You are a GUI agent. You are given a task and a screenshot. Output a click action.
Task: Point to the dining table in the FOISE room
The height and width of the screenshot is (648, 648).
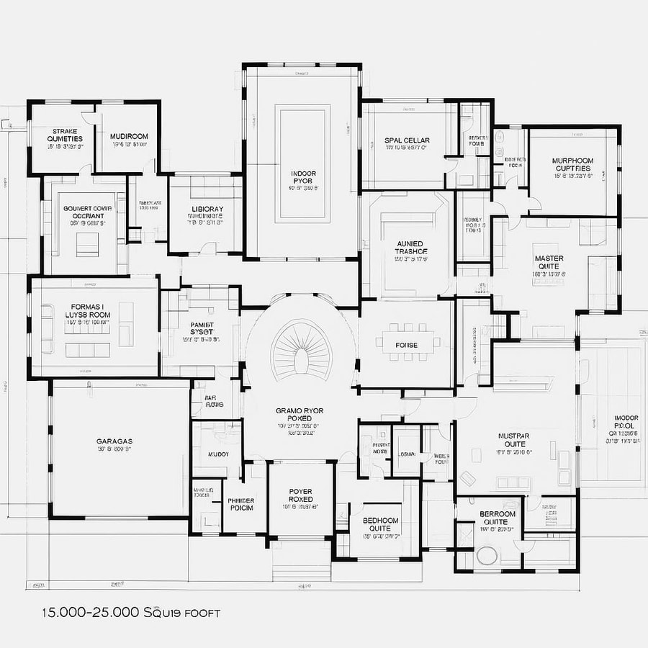click(406, 345)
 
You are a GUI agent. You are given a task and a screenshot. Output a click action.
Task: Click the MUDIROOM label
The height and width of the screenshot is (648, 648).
click(129, 137)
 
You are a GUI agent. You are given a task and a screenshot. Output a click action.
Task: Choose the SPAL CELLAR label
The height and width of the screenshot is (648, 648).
click(407, 140)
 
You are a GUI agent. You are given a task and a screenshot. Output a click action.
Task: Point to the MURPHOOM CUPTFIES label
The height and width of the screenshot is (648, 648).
click(572, 165)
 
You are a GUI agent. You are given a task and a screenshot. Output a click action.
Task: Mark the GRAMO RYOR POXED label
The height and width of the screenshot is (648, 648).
click(300, 415)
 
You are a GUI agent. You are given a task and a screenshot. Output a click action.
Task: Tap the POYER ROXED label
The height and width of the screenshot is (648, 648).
click(300, 495)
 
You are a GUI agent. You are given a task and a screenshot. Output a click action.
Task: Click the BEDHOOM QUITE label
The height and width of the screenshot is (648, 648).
click(380, 524)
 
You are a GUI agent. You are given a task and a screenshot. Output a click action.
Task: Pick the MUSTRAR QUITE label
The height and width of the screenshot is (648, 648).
click(514, 441)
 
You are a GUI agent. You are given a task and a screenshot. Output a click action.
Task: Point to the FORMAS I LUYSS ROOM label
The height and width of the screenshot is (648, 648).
click(87, 310)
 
